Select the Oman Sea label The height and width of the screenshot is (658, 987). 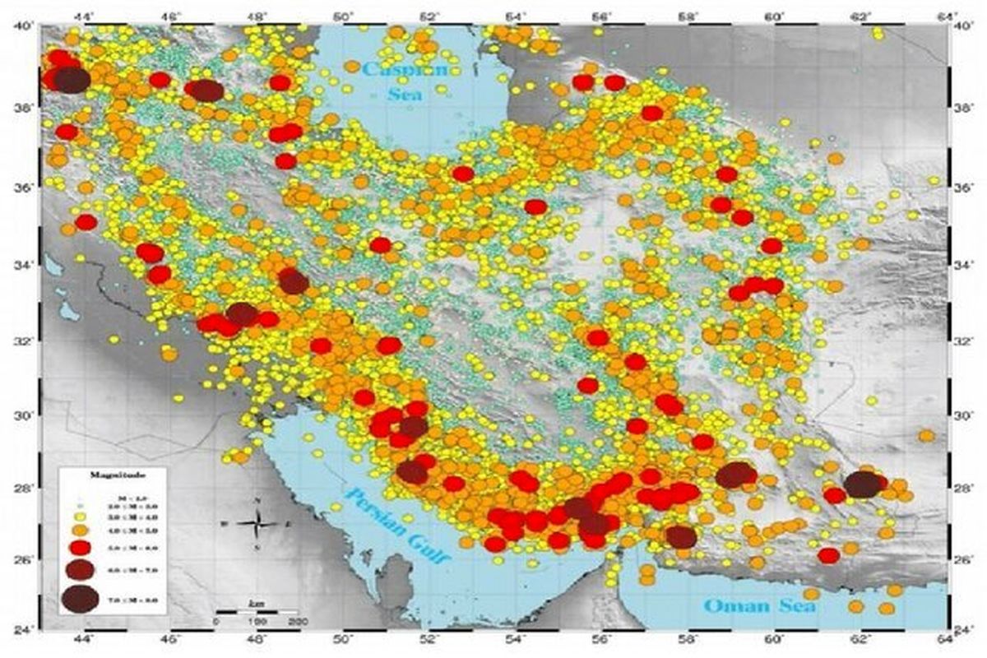point(760,606)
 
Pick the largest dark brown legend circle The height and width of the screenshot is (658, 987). point(79,600)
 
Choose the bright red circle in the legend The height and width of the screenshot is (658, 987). point(80,549)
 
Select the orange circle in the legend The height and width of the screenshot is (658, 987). point(80,531)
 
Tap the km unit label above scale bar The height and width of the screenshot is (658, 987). point(254,604)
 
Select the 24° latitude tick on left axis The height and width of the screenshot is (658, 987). point(25,631)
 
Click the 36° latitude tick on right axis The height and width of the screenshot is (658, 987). point(963,188)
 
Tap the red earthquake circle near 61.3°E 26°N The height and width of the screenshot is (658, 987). point(828,555)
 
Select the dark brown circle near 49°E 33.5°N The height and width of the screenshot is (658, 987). point(293,282)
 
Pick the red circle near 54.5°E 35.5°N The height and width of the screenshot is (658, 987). point(535,206)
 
